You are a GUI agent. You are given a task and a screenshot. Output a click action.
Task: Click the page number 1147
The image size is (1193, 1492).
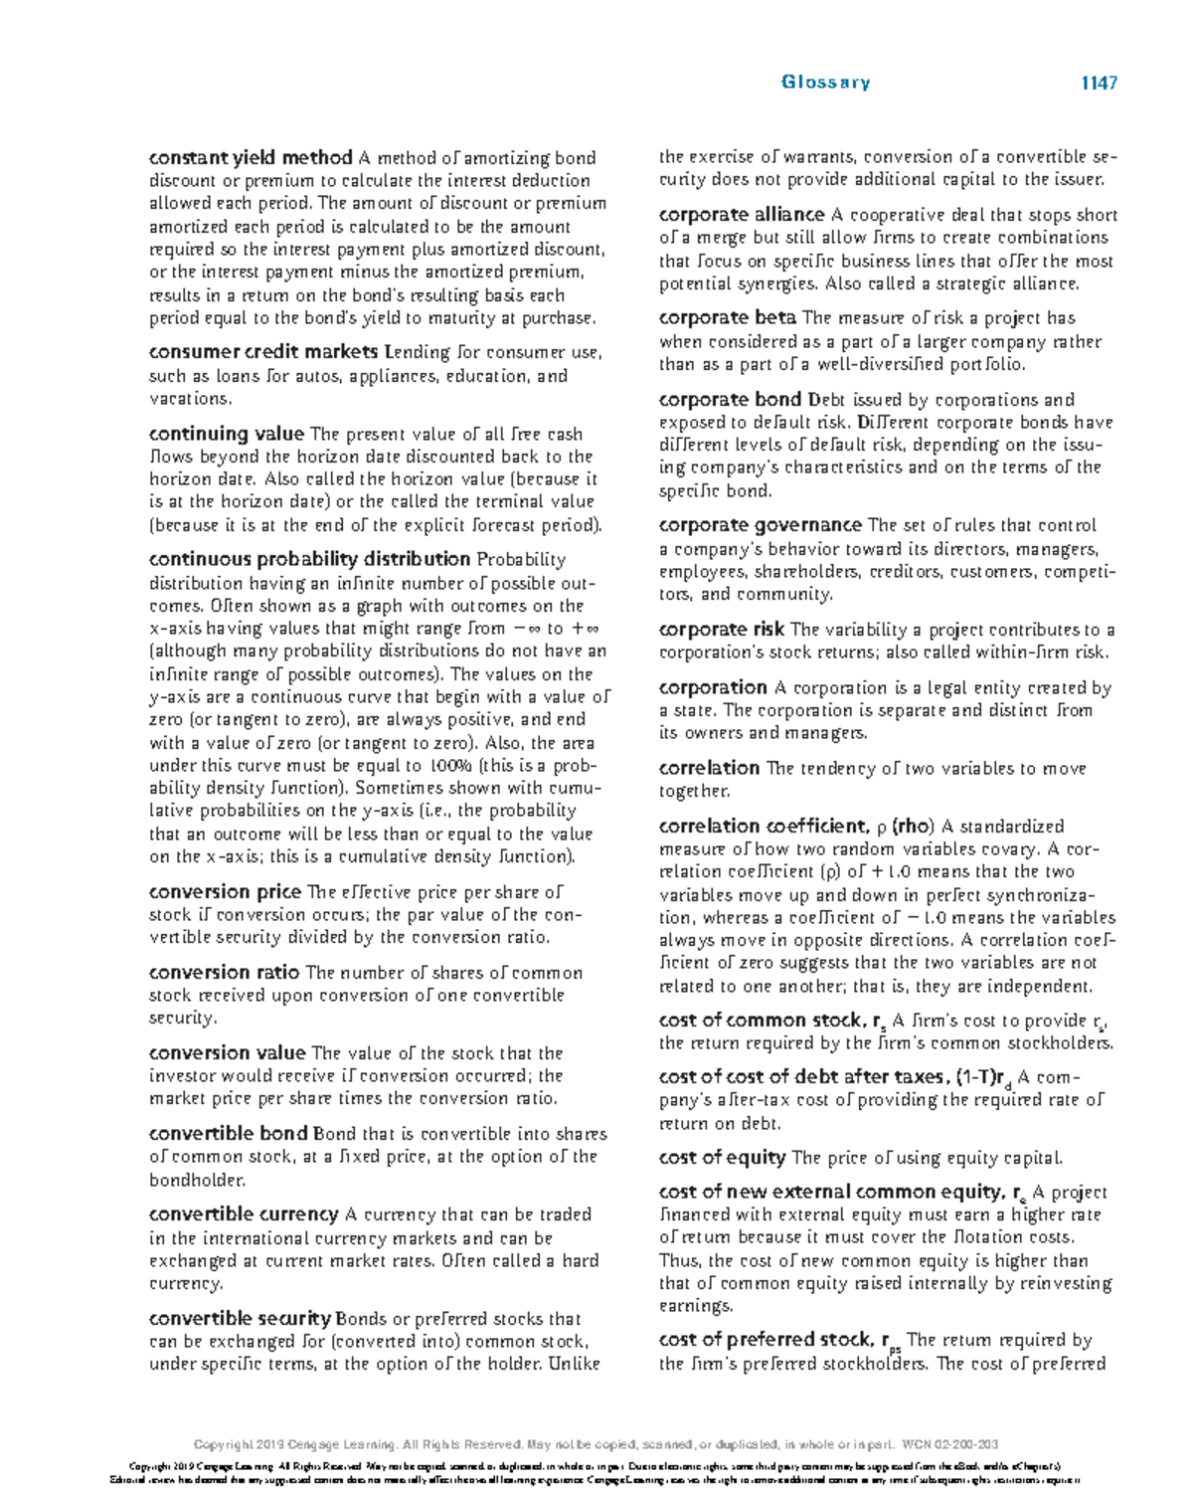[1099, 84]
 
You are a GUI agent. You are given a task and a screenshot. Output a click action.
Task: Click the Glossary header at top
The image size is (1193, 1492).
[825, 83]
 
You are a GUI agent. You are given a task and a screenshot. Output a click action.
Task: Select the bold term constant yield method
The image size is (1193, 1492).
[251, 158]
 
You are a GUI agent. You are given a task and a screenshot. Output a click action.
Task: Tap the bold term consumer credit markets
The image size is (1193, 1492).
[263, 352]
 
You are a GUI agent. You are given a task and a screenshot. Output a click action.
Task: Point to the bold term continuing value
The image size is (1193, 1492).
[226, 434]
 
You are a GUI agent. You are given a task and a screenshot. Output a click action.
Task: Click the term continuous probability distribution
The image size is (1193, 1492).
[309, 559]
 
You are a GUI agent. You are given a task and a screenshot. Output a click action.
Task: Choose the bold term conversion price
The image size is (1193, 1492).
[225, 892]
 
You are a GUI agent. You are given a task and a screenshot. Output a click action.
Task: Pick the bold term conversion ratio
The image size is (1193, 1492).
[224, 973]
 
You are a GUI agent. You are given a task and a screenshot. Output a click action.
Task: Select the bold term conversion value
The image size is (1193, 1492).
[227, 1053]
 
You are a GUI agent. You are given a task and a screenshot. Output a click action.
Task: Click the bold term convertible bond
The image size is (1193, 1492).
[228, 1134]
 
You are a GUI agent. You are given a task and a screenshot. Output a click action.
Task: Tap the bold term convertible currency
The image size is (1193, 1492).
[244, 1214]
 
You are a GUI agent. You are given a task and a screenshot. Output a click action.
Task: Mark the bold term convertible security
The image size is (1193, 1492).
[240, 1319]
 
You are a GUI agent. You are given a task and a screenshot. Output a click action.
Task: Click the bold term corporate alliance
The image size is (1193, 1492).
[742, 215]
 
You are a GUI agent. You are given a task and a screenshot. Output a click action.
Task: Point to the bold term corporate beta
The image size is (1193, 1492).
[727, 318]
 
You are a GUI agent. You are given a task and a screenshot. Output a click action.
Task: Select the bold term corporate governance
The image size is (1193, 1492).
[760, 525]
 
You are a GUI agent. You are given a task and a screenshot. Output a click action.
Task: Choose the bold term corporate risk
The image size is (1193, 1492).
[722, 630]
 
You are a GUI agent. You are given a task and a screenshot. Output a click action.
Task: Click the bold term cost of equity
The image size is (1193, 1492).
[722, 1158]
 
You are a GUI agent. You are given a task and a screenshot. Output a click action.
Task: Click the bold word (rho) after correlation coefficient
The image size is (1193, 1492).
[912, 827]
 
